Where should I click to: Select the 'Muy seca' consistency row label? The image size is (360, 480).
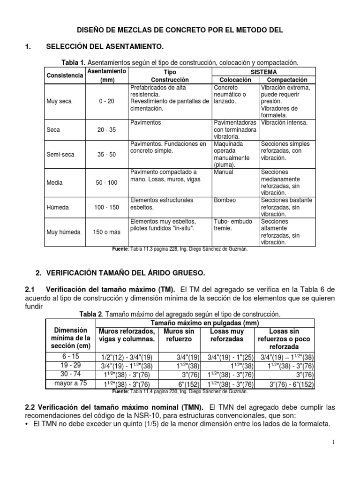tap(59, 101)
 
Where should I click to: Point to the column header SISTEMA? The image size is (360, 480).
tap(263, 72)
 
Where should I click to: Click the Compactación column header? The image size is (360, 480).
tap(286, 80)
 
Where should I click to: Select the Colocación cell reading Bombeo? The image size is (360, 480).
tap(225, 201)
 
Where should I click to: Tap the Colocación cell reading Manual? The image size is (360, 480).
tap(224, 172)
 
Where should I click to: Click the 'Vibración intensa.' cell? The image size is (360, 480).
tap(284, 122)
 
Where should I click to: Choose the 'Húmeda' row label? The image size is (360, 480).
tap(57, 207)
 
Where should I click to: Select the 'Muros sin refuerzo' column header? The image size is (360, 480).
tap(179, 335)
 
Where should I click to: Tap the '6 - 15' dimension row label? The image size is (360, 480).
tap(70, 356)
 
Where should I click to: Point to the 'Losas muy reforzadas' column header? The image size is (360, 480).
tap(226, 335)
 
